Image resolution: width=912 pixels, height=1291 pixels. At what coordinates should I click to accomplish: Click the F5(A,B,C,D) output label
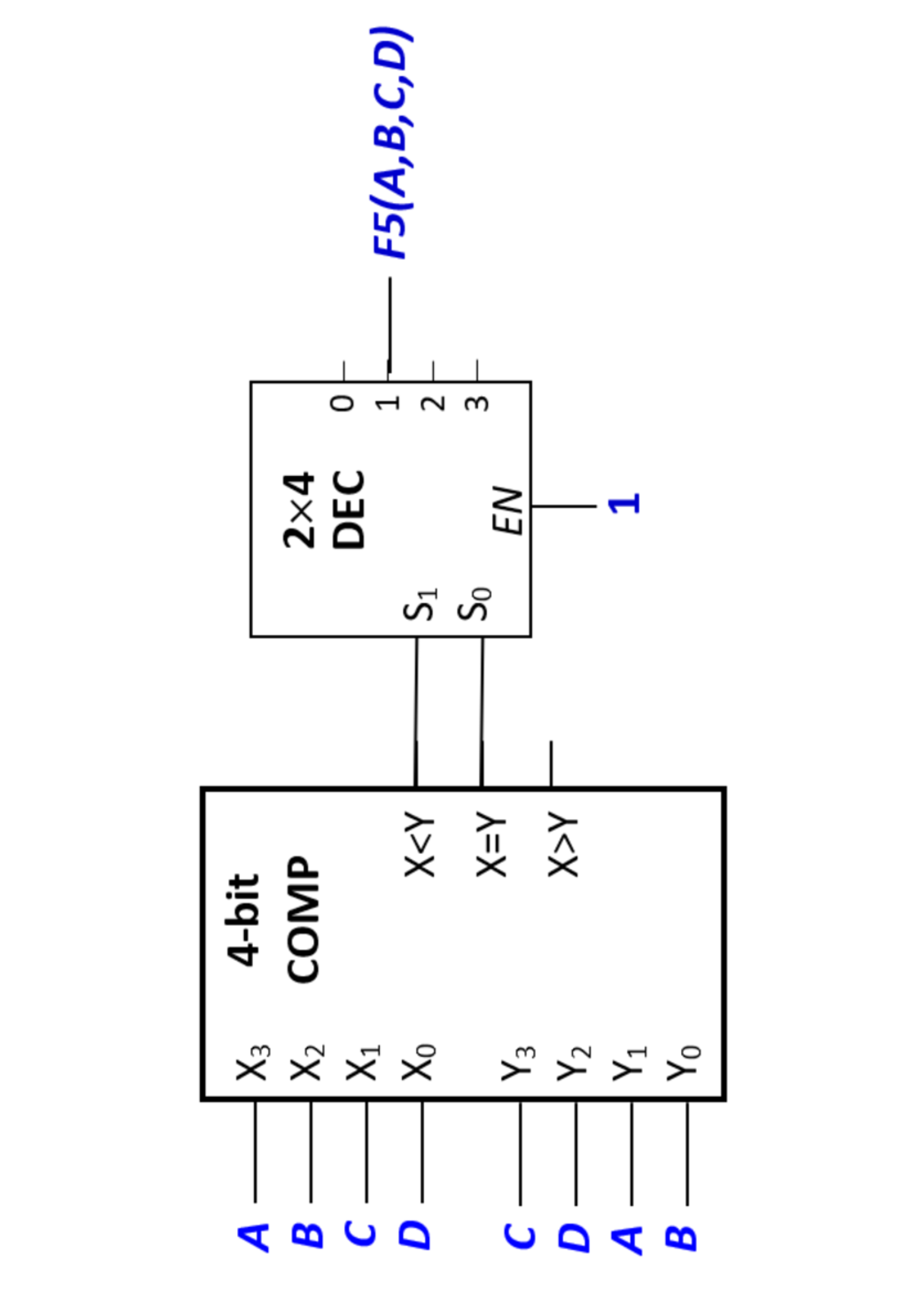(x=391, y=143)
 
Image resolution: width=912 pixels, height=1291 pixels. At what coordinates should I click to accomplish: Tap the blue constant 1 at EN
(x=625, y=503)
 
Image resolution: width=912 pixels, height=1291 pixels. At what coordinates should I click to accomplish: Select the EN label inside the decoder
(x=508, y=510)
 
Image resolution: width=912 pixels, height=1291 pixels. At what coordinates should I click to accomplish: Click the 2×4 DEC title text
(x=324, y=509)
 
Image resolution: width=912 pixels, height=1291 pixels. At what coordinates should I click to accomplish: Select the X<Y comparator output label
(x=420, y=844)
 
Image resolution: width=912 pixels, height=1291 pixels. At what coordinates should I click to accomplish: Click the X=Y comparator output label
(x=490, y=844)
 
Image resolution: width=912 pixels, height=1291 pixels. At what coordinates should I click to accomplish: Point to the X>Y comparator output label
(x=562, y=844)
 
